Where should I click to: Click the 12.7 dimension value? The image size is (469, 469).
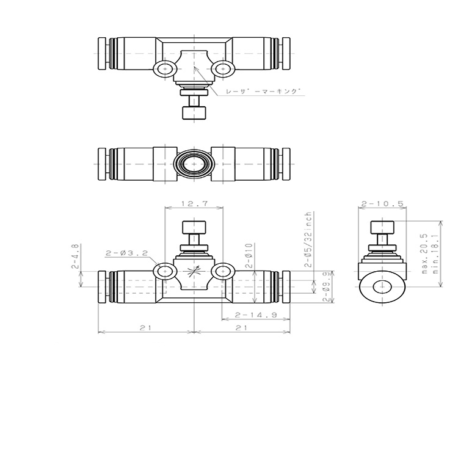tap(194, 204)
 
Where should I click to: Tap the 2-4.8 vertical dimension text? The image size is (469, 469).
tap(75, 256)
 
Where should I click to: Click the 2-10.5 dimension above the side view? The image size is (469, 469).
tap(383, 204)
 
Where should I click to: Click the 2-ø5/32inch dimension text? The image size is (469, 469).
tap(310, 241)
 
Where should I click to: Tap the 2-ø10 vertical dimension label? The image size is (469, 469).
tap(250, 256)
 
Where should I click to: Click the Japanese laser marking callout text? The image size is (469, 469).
tap(263, 91)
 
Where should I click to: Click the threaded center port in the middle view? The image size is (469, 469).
tap(194, 165)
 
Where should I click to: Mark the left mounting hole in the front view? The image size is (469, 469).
tap(164, 271)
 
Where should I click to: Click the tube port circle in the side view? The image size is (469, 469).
tap(383, 288)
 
